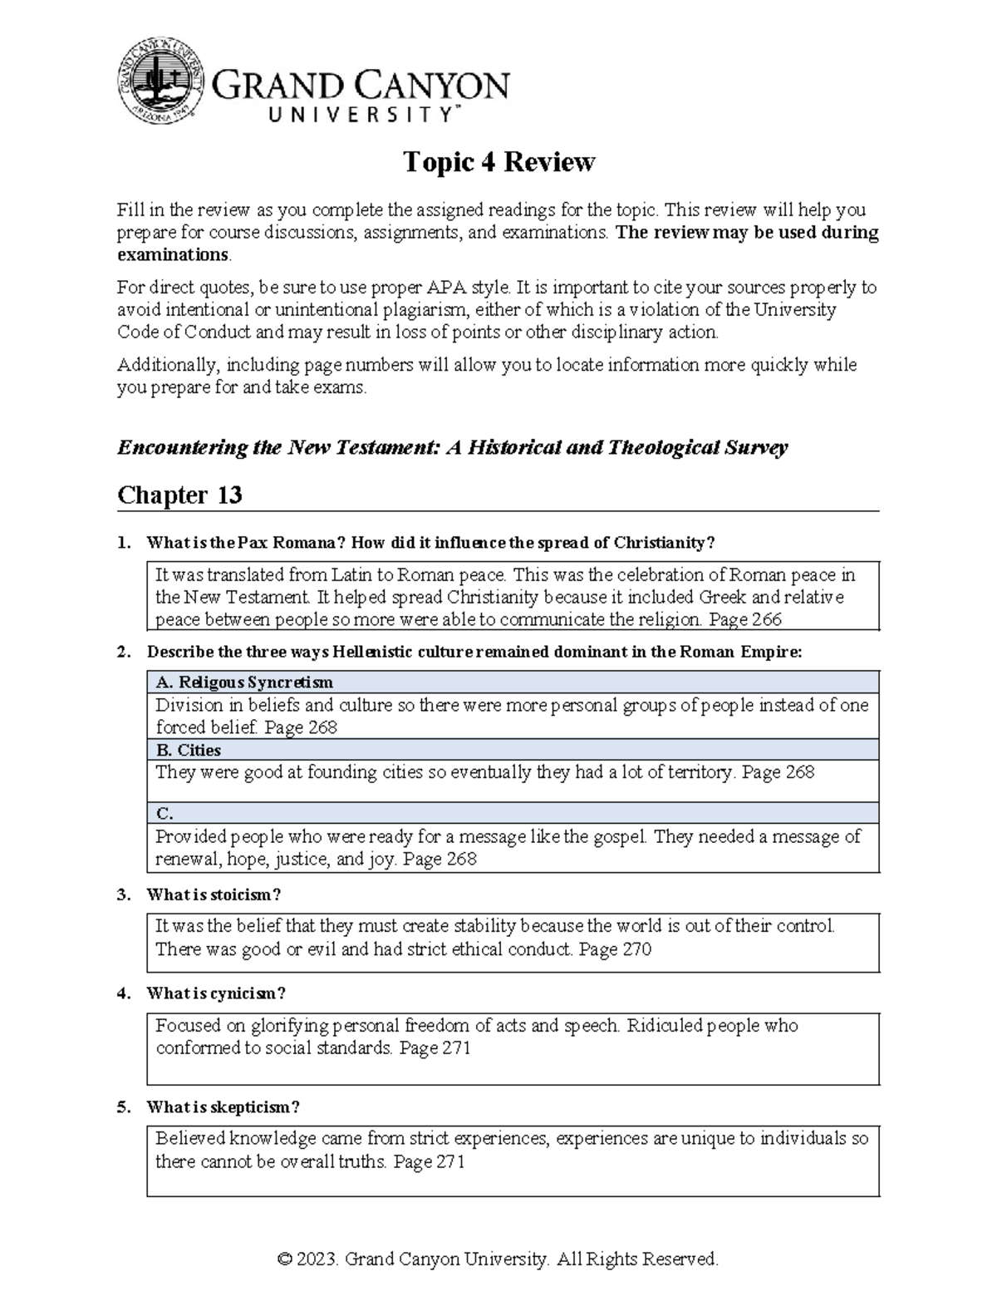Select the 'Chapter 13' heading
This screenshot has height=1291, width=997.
179,495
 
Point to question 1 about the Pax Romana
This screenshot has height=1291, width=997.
430,543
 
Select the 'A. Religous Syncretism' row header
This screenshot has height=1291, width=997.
244,682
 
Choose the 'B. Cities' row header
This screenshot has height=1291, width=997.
189,750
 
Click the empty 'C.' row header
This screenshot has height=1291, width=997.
165,814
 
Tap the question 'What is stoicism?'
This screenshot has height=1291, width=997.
214,895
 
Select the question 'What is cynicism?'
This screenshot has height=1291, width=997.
216,993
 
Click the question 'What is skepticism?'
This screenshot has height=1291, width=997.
223,1107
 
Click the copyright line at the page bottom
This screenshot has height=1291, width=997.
498,1259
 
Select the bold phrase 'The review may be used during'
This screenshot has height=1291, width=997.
747,233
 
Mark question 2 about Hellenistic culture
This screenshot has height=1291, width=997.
474,652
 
